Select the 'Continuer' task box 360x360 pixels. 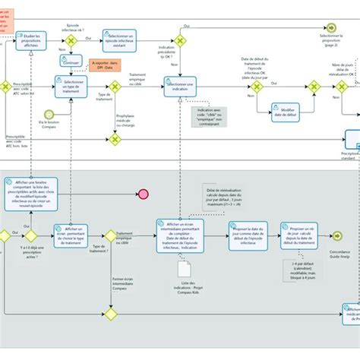(72, 63)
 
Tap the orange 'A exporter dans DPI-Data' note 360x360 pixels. (107, 66)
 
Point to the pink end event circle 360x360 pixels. (142, 194)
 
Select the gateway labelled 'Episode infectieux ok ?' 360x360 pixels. (73, 40)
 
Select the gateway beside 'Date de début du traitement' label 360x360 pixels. (258, 87)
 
